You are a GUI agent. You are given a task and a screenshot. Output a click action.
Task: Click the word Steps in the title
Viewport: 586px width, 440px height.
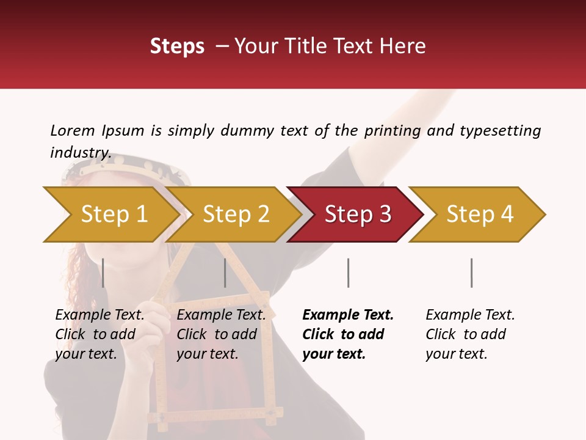[177, 46]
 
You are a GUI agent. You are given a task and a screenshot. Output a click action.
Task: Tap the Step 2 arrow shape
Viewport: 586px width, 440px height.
[236, 215]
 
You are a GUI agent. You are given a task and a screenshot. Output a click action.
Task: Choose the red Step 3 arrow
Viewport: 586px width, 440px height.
[358, 215]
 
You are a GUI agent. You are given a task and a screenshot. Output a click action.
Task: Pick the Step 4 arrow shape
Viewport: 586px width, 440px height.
[480, 215]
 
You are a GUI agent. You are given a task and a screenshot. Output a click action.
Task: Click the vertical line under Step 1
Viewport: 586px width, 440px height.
[103, 273]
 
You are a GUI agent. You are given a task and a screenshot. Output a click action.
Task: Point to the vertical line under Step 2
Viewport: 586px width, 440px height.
[225, 273]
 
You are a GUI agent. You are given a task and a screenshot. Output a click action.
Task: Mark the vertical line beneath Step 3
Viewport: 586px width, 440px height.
[348, 273]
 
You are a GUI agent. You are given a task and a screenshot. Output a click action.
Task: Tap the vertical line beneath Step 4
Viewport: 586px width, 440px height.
[471, 273]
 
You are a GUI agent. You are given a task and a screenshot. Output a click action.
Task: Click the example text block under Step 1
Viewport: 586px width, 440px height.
[99, 334]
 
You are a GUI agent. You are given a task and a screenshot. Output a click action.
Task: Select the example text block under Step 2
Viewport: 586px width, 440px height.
[221, 334]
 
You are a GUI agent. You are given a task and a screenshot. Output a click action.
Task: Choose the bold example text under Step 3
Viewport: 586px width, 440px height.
[348, 334]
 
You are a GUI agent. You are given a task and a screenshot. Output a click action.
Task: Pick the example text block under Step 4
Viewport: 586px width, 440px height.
[470, 334]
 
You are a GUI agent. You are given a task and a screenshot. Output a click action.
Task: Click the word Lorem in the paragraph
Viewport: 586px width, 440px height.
[73, 131]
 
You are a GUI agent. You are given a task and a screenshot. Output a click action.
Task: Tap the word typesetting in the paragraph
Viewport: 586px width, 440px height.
[500, 131]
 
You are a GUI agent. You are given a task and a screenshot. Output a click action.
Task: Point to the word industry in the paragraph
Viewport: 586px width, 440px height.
[81, 153]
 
